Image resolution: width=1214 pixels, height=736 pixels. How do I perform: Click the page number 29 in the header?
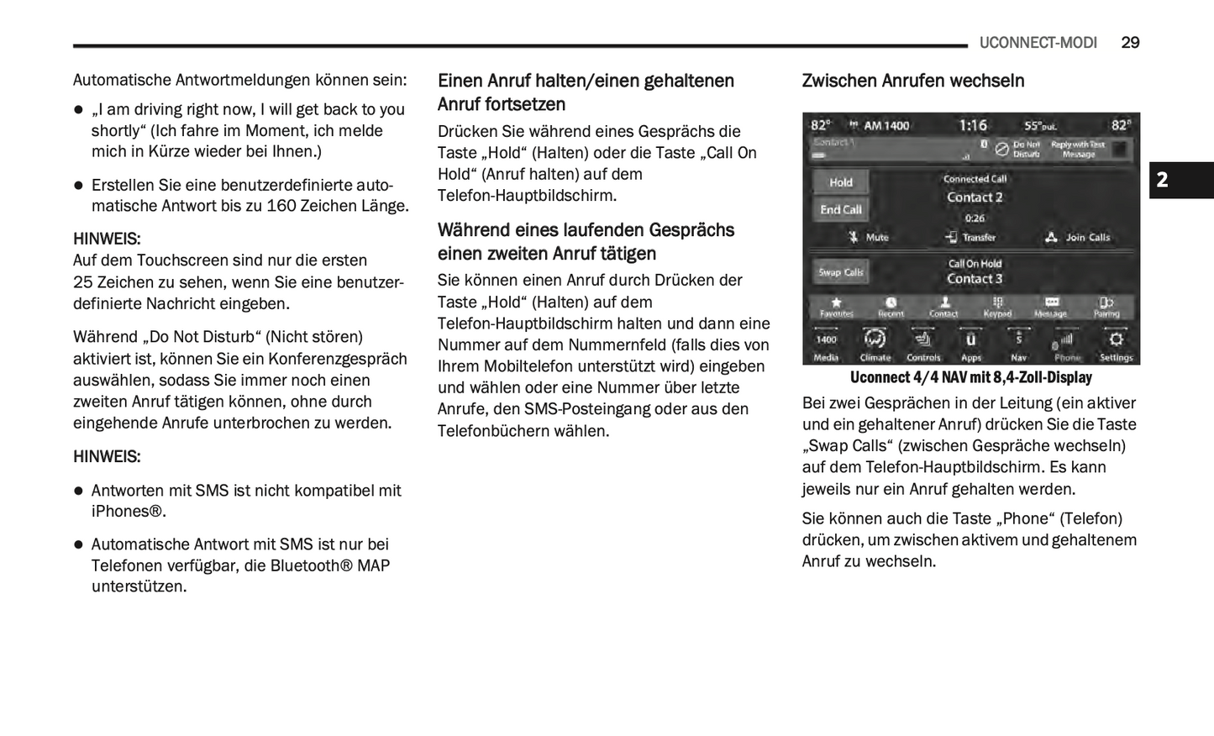(1130, 43)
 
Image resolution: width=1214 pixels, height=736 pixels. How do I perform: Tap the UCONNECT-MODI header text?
(1038, 43)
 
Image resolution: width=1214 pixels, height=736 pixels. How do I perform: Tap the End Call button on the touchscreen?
(840, 210)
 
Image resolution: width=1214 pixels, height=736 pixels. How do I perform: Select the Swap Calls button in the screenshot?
(840, 272)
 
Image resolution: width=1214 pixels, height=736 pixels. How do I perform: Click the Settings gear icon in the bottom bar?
(1116, 340)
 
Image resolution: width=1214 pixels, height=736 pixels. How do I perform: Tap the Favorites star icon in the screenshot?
(836, 303)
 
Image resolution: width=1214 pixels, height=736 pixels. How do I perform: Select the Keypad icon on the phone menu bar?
(997, 303)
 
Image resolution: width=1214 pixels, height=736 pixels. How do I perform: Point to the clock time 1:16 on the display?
(973, 125)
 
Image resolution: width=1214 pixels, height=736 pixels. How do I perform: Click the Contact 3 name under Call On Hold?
(975, 279)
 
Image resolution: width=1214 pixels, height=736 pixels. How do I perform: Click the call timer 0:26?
(975, 218)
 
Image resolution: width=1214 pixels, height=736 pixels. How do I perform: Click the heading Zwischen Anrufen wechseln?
(912, 81)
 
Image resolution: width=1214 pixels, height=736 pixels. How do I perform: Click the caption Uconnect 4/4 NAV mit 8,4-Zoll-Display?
(970, 377)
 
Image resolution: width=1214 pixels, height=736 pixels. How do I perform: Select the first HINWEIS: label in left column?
(107, 239)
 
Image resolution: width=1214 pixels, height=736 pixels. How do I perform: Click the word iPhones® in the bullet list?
(128, 512)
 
